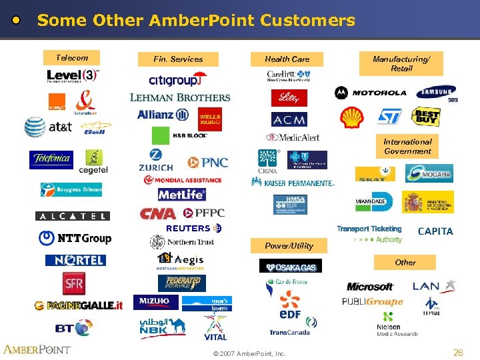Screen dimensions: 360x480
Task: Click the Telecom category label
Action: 71,57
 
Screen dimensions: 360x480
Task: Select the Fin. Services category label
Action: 178,59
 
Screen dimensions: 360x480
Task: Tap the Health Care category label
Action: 287,59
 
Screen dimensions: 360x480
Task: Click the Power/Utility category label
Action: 289,245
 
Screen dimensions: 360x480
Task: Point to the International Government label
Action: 407,147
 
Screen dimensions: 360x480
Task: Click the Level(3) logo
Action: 73,76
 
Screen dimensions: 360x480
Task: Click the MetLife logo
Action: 181,195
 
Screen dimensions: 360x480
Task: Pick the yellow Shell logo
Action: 352,117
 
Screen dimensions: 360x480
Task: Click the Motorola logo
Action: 371,93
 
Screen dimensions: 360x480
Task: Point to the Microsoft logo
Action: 370,287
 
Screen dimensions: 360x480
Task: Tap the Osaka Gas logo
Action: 290,267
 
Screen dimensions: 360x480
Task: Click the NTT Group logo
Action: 75,238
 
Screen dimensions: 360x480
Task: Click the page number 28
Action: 458,353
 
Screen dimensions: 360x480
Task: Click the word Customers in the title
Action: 307,21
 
